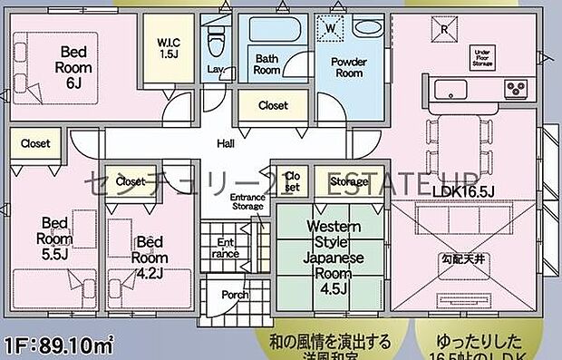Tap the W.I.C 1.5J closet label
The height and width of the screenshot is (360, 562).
click(x=168, y=48)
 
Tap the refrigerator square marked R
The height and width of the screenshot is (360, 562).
click(x=444, y=28)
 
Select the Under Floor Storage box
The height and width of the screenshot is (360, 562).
click(x=481, y=57)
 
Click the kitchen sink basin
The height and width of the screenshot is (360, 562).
click(x=450, y=90)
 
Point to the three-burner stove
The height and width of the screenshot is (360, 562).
click(x=517, y=89)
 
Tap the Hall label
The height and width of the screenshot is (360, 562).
click(x=226, y=143)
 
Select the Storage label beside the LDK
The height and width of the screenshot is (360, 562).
click(x=349, y=181)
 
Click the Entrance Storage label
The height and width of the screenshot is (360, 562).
click(x=247, y=202)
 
